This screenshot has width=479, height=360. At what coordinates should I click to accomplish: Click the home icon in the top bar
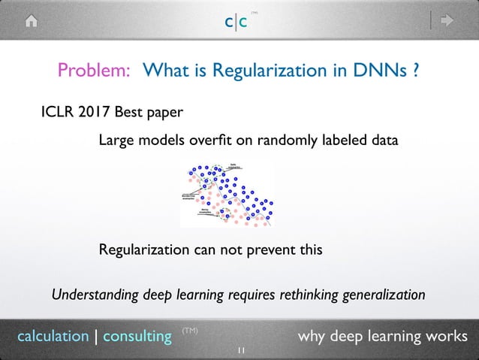pyautogui.click(x=31, y=22)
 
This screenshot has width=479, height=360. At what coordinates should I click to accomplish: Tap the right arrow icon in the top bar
pyautogui.click(x=448, y=22)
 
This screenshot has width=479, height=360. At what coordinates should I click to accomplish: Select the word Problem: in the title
pyautogui.click(x=95, y=71)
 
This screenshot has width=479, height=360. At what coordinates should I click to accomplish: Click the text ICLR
pyautogui.click(x=56, y=113)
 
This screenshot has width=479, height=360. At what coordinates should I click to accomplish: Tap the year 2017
pyautogui.click(x=95, y=113)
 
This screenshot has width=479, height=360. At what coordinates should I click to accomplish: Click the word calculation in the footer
pyautogui.click(x=53, y=336)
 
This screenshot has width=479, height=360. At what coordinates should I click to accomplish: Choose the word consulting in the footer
pyautogui.click(x=137, y=336)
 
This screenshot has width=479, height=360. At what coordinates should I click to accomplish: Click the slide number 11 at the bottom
pyautogui.click(x=240, y=351)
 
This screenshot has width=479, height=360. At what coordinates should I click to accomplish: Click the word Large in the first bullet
pyautogui.click(x=115, y=141)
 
